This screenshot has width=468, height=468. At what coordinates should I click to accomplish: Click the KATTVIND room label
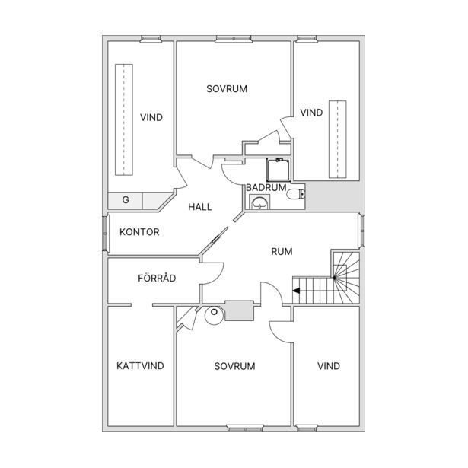point(140,365)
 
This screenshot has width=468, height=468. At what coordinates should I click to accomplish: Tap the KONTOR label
point(139,232)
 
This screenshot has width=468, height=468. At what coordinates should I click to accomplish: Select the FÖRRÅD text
point(157,278)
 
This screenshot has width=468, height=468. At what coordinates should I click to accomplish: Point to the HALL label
point(200,207)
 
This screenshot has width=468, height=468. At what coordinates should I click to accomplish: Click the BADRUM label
point(266,187)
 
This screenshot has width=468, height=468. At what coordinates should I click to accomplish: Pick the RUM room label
point(282,252)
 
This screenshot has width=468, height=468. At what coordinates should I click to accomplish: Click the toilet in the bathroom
point(296,194)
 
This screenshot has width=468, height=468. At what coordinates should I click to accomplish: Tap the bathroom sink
point(259,202)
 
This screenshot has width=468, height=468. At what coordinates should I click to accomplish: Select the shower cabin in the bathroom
point(279,170)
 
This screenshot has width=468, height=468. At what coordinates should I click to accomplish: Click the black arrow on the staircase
point(296,291)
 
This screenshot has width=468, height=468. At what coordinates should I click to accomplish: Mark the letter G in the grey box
point(126,199)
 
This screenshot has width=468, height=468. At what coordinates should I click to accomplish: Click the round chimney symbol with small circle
point(215,315)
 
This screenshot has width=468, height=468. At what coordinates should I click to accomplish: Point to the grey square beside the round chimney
point(239,310)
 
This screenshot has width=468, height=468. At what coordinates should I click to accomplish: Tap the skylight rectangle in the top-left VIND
point(124,119)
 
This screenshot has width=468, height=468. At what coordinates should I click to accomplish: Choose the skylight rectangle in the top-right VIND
point(338,139)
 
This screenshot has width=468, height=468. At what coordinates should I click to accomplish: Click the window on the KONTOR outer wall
point(105,234)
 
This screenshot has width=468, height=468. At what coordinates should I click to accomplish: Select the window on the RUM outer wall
point(361,231)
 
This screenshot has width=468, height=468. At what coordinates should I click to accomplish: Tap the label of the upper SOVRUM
point(227,88)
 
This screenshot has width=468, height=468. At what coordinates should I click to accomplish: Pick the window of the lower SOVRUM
point(245,428)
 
